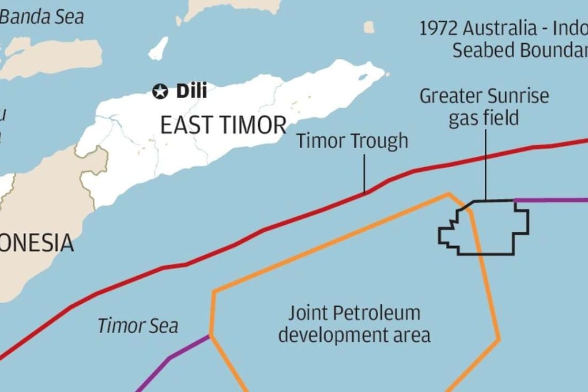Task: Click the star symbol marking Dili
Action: point(159,91)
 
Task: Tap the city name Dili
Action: point(191,91)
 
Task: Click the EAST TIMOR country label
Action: point(223,125)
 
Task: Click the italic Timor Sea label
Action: point(138,326)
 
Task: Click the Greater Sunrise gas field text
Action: point(484,107)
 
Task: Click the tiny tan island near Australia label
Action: point(370,27)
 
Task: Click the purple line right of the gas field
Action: point(551,200)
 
